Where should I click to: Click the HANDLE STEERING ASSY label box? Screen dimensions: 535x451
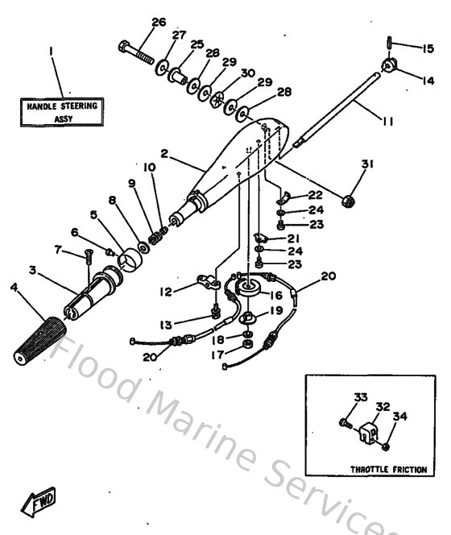pos(62,111)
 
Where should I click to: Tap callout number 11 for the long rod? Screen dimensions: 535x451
pos(387,122)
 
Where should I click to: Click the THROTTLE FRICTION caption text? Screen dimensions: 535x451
pos(382,468)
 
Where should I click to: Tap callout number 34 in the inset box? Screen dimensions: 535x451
pos(400,417)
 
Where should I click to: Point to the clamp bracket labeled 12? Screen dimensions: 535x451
pos(212,283)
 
